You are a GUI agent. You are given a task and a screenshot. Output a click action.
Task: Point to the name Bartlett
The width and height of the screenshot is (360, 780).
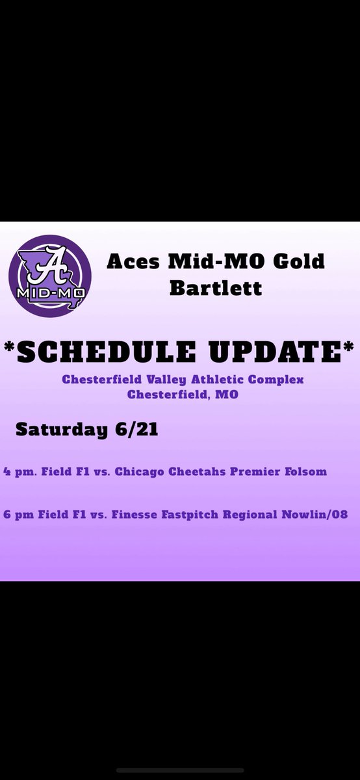216,287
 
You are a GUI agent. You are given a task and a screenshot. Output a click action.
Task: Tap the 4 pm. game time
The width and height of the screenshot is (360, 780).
16,473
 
